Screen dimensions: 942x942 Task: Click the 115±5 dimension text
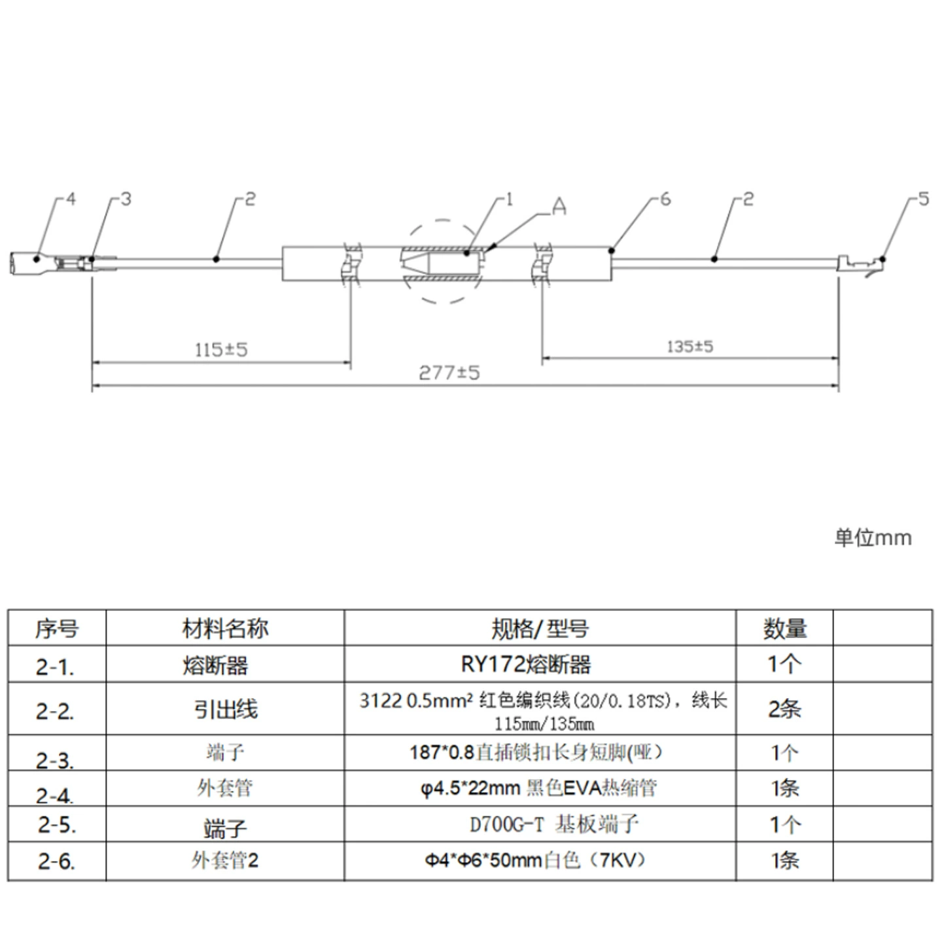pyautogui.click(x=221, y=350)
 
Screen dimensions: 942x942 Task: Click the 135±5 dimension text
pyautogui.click(x=689, y=347)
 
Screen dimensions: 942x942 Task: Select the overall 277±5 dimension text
pyautogui.click(x=449, y=373)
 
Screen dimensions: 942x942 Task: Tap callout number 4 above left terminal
pyautogui.click(x=71, y=199)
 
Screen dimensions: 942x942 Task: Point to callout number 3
pyautogui.click(x=126, y=199)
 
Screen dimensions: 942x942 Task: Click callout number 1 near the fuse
pyautogui.click(x=510, y=199)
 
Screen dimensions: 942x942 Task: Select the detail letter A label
pyautogui.click(x=559, y=207)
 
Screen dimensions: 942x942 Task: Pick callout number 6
pyautogui.click(x=665, y=199)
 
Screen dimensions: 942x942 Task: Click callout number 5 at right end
pyautogui.click(x=924, y=199)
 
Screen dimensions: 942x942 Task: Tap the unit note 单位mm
pyautogui.click(x=873, y=538)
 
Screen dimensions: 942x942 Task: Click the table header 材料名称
pyautogui.click(x=225, y=629)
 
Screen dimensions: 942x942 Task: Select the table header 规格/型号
pyautogui.click(x=540, y=629)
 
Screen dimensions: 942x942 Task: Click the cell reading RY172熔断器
pyautogui.click(x=526, y=665)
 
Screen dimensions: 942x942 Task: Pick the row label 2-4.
pyautogui.click(x=55, y=796)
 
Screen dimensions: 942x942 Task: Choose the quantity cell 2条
pyautogui.click(x=784, y=709)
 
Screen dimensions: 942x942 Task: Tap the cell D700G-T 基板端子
pyautogui.click(x=554, y=825)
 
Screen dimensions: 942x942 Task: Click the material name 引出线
pyautogui.click(x=226, y=709)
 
